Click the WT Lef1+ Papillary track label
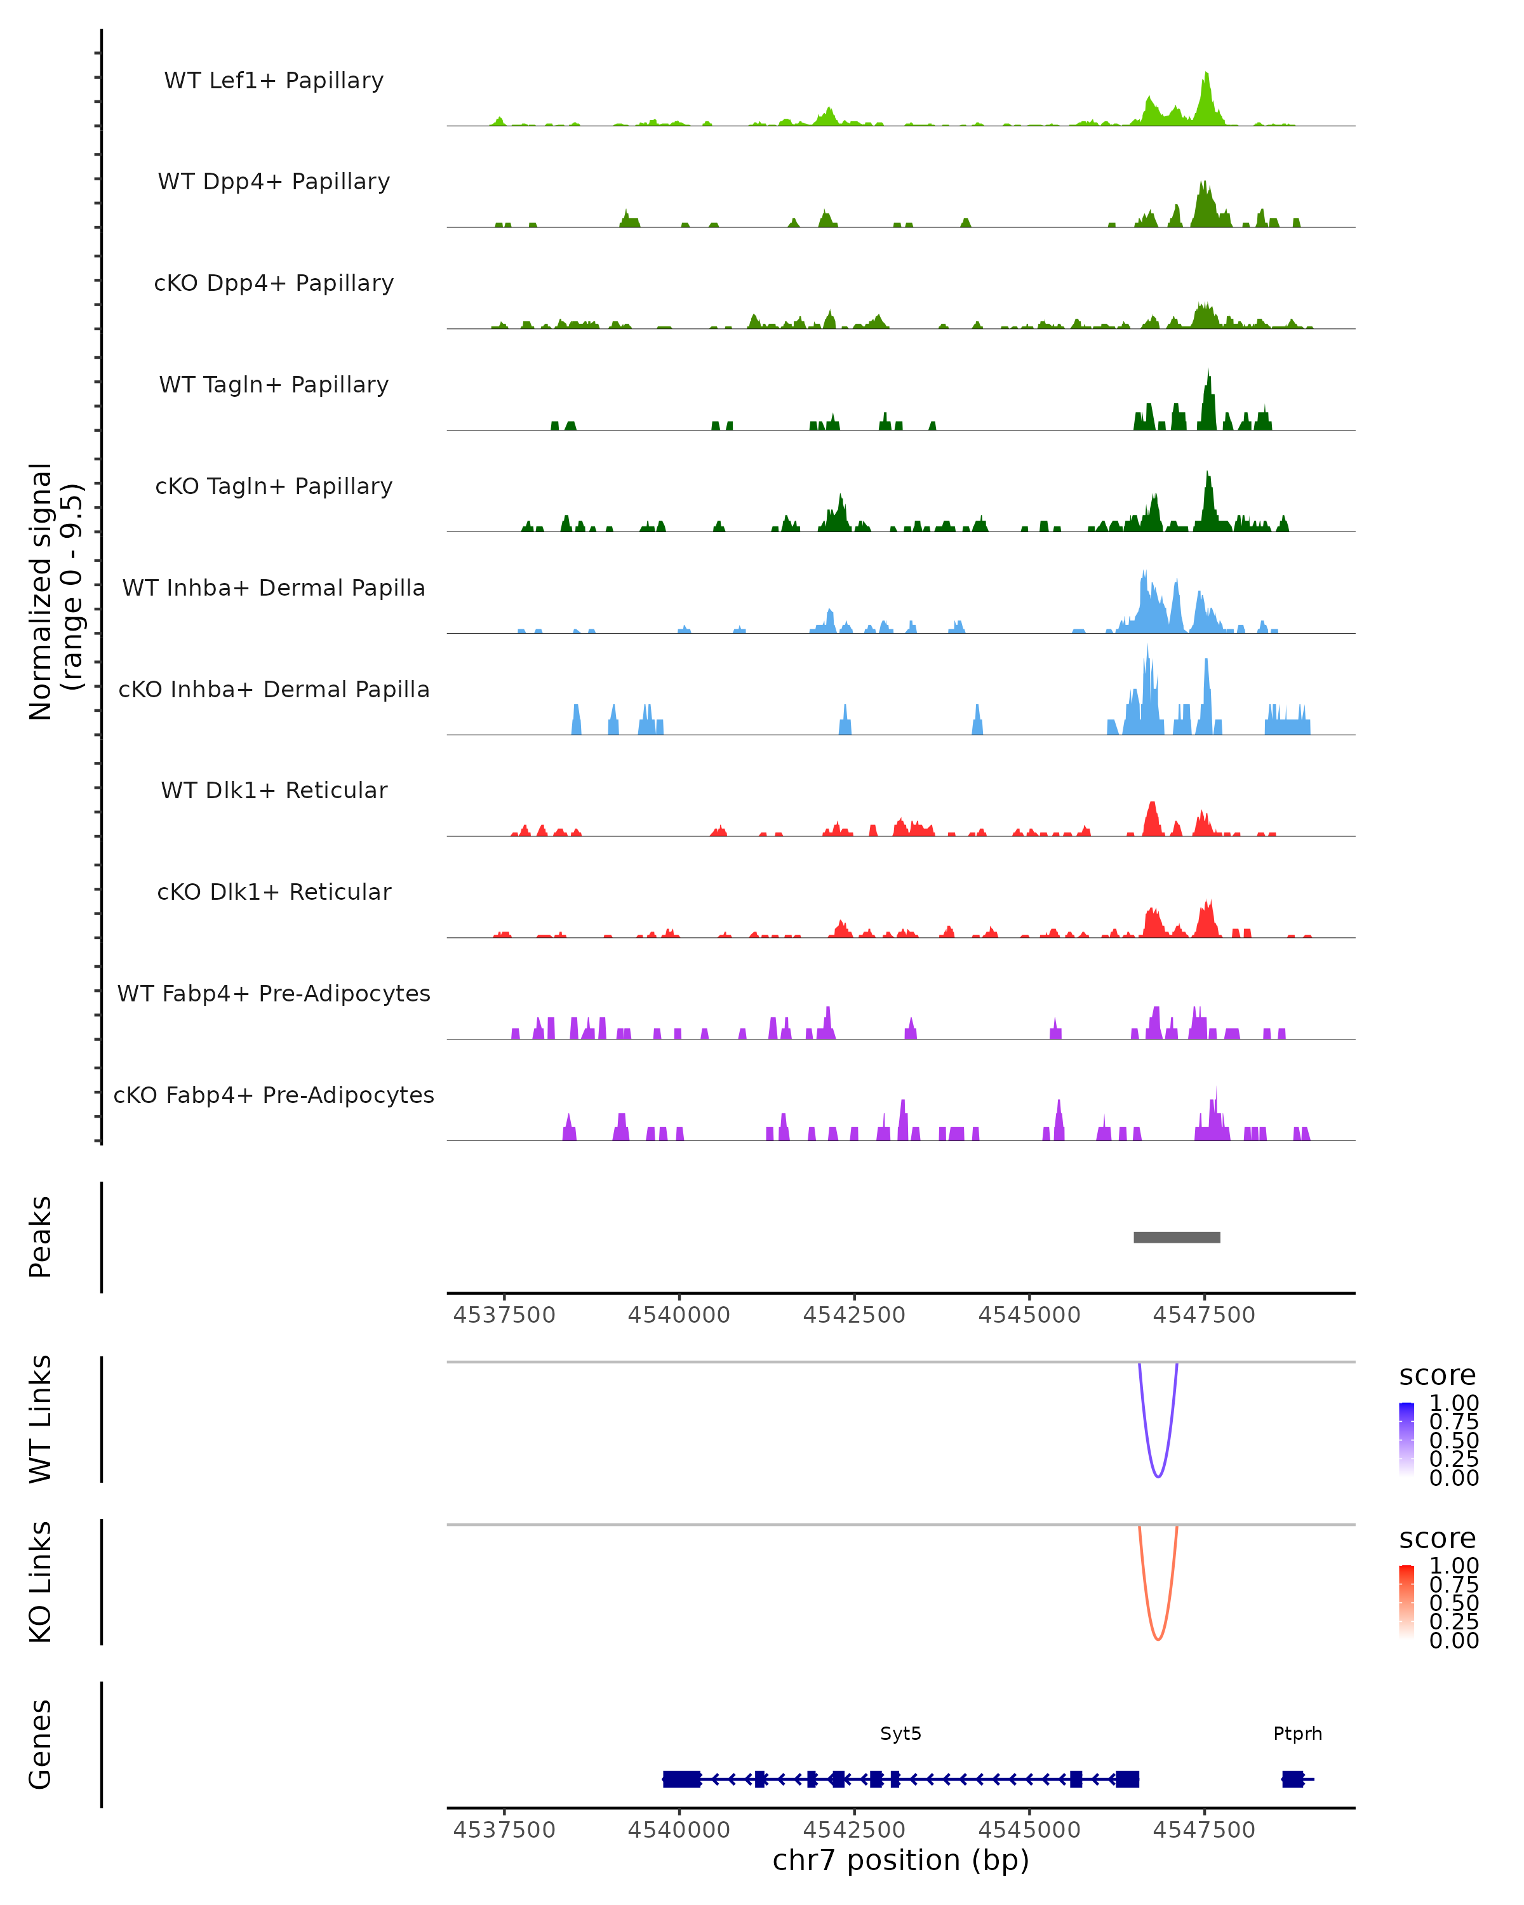click(x=274, y=81)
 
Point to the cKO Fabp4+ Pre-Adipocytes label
click(x=274, y=1095)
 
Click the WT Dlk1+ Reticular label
click(x=274, y=791)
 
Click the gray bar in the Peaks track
click(x=1177, y=1238)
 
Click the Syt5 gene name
click(x=900, y=1734)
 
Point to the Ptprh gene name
click(x=1297, y=1734)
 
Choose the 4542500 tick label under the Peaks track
click(x=853, y=1316)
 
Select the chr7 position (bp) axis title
click(x=900, y=1861)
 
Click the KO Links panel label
click(x=41, y=1582)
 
